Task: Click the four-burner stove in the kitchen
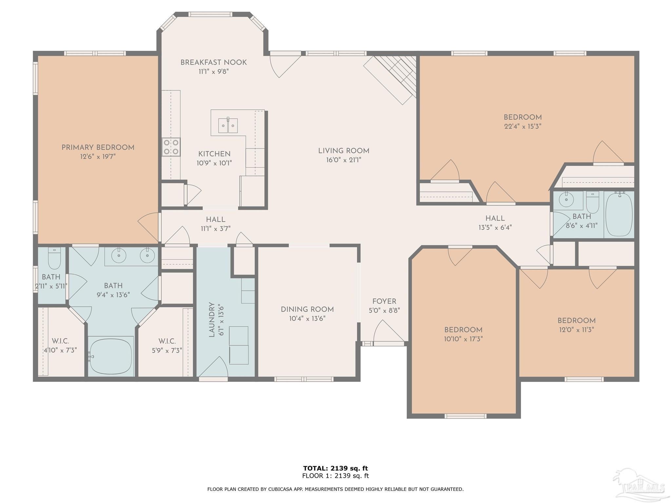[x=171, y=147]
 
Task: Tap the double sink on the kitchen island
[x=228, y=125]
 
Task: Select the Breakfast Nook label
[x=214, y=62]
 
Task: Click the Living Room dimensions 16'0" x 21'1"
[x=344, y=160]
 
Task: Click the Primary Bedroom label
[x=98, y=147]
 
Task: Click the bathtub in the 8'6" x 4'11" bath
[x=619, y=214]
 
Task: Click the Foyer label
[x=384, y=301]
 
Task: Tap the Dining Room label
[x=307, y=309]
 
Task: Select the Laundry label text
[x=212, y=319]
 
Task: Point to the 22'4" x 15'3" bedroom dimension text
[x=523, y=126]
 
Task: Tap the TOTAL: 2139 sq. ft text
[x=335, y=468]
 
